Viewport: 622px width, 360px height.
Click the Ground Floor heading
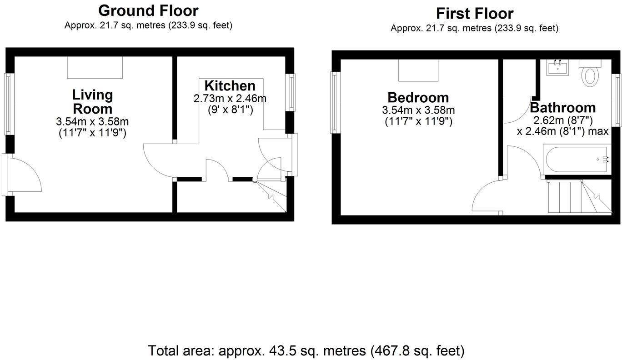(x=148, y=10)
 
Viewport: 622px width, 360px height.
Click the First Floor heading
(x=474, y=13)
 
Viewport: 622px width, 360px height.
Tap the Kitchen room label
(x=230, y=85)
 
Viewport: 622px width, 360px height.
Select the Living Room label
(x=92, y=102)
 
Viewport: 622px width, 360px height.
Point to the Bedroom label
(x=418, y=97)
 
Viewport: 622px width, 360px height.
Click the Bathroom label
(x=562, y=108)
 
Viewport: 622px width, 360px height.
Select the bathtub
(x=577, y=159)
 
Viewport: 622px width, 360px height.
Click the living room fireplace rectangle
(x=95, y=67)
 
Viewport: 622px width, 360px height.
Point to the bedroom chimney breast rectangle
(x=419, y=69)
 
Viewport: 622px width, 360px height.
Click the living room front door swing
(x=25, y=175)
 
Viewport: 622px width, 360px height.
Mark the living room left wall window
(x=8, y=104)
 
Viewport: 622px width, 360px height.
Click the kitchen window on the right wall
(x=291, y=92)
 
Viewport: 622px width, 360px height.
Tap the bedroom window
(x=335, y=102)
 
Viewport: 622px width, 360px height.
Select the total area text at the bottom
(x=306, y=350)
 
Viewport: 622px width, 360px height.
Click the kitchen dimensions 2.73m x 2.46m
(x=230, y=99)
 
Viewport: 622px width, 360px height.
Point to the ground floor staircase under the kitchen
(x=273, y=195)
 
